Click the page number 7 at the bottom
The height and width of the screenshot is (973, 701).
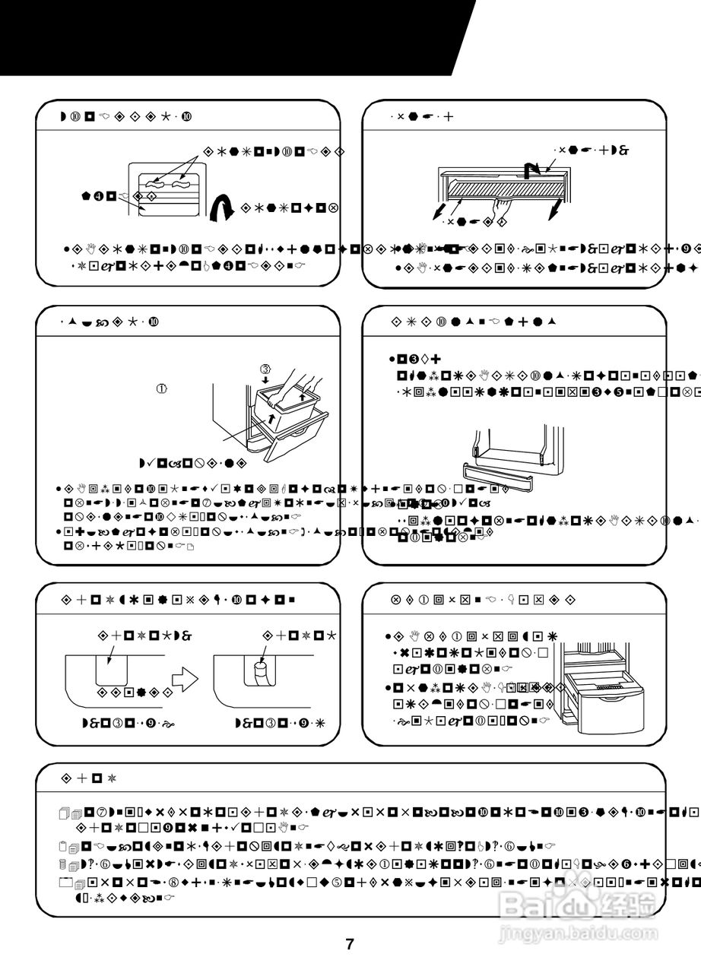point(350,945)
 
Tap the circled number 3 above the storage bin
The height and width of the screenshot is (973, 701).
point(265,370)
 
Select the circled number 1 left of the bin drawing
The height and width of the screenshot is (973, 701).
point(161,388)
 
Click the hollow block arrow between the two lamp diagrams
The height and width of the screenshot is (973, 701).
point(185,677)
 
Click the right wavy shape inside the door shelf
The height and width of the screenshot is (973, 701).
point(182,183)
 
